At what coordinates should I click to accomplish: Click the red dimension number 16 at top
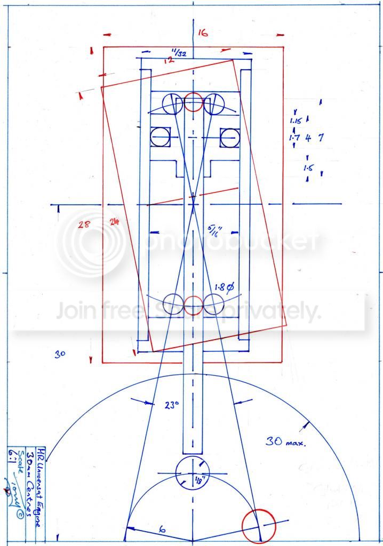pyautogui.click(x=202, y=33)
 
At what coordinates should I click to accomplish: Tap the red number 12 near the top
pyautogui.click(x=170, y=60)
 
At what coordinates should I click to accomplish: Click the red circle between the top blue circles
pyautogui.click(x=193, y=102)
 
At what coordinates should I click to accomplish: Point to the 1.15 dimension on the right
pyautogui.click(x=296, y=121)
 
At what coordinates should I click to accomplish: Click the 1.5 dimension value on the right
pyautogui.click(x=308, y=168)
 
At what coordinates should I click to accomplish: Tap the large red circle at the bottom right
pyautogui.click(x=258, y=525)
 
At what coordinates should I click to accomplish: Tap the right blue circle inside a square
pyautogui.click(x=229, y=137)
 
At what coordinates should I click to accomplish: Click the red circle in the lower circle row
pyautogui.click(x=193, y=305)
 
